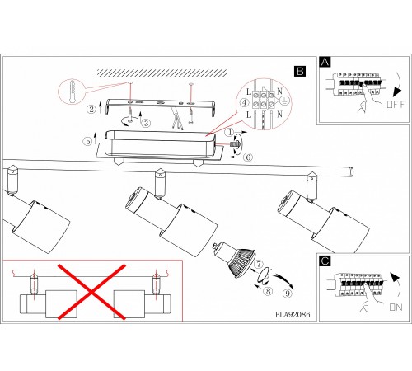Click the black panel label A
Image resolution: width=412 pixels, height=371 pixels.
(x=325, y=62)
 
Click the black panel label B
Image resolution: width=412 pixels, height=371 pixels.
(x=300, y=71)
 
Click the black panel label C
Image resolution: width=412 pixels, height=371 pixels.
(x=325, y=261)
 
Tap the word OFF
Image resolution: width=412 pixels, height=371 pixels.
(x=396, y=104)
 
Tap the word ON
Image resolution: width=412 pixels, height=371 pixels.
(x=396, y=308)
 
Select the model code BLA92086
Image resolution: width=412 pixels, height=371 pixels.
(x=293, y=314)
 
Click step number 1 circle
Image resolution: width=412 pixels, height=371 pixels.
(x=229, y=133)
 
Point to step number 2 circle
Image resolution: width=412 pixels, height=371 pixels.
(x=91, y=109)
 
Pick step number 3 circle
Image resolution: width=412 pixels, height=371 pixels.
(x=146, y=123)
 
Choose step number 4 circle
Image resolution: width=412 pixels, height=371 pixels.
(x=244, y=103)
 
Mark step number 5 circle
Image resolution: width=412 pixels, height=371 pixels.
(x=87, y=141)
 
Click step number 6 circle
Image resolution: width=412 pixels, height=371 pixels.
(x=248, y=157)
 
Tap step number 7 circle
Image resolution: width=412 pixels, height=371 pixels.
(x=259, y=264)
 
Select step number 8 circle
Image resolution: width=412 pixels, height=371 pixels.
(x=269, y=291)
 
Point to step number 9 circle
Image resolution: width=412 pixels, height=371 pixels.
(x=288, y=294)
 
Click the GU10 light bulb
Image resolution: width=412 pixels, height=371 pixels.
(x=235, y=259)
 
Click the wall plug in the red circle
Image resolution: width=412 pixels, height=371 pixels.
(x=73, y=92)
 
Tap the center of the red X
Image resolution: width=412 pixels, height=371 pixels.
(x=91, y=292)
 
